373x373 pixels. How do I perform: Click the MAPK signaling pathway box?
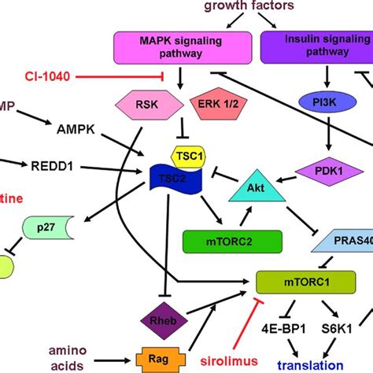pos(183,48)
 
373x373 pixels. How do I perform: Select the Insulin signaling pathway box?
pos(316,48)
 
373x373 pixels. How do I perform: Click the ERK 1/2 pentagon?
pos(215,107)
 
